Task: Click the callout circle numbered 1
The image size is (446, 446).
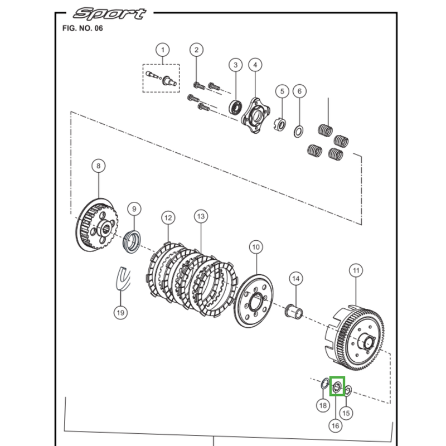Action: pos(163,50)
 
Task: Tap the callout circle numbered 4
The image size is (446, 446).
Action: pos(255,65)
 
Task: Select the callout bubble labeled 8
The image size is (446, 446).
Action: pos(98,166)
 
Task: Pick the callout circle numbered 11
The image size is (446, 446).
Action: pos(356,271)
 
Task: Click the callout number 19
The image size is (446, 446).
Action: pos(120,312)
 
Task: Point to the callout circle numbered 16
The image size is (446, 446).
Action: pos(335,425)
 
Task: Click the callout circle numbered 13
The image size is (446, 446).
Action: pos(201,216)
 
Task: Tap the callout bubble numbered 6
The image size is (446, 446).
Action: pos(299,91)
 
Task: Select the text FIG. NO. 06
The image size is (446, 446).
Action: pos(83,28)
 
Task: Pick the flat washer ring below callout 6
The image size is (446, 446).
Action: pos(299,132)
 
